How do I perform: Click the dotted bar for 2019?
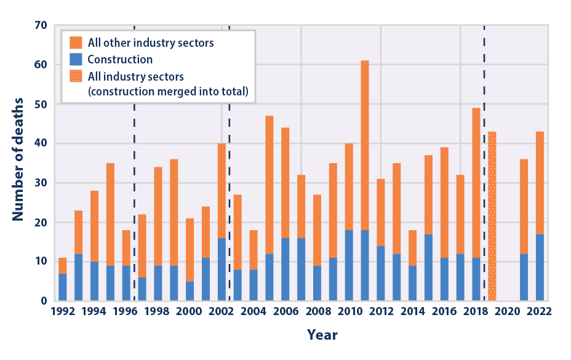pyautogui.click(x=492, y=216)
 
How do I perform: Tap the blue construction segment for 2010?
pyautogui.click(x=349, y=265)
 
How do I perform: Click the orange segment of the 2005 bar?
pyautogui.click(x=269, y=185)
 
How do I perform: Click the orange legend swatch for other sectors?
pyautogui.click(x=76, y=43)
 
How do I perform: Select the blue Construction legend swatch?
pyautogui.click(x=76, y=60)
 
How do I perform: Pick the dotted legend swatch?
pyautogui.click(x=76, y=76)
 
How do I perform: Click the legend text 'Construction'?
pyautogui.click(x=120, y=60)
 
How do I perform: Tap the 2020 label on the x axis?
pyautogui.click(x=508, y=311)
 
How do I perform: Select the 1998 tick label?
pyautogui.click(x=158, y=311)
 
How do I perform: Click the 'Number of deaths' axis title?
pyautogui.click(x=18, y=159)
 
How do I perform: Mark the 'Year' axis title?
pyautogui.click(x=322, y=335)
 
